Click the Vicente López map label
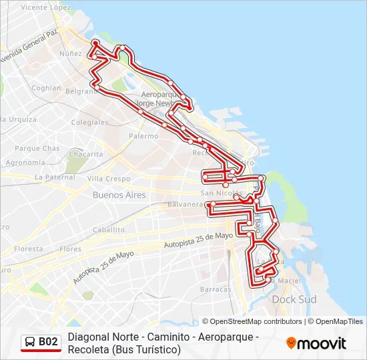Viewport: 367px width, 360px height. click(x=45, y=7)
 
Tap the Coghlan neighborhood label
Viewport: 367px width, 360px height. click(x=46, y=87)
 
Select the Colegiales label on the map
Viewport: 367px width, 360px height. click(x=89, y=123)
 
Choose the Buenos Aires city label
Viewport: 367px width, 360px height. click(x=119, y=195)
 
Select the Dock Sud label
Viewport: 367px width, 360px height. click(x=294, y=299)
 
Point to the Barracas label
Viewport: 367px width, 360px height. click(x=216, y=289)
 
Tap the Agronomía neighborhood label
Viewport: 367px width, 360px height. click(x=25, y=162)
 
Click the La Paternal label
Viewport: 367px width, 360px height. click(x=55, y=177)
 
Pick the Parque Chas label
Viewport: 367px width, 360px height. click(x=37, y=149)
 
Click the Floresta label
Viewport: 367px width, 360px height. click(x=28, y=249)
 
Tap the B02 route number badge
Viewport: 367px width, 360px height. click(x=48, y=342)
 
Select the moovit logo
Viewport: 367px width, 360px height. click(x=316, y=343)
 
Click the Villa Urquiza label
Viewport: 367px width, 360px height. click(x=18, y=119)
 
